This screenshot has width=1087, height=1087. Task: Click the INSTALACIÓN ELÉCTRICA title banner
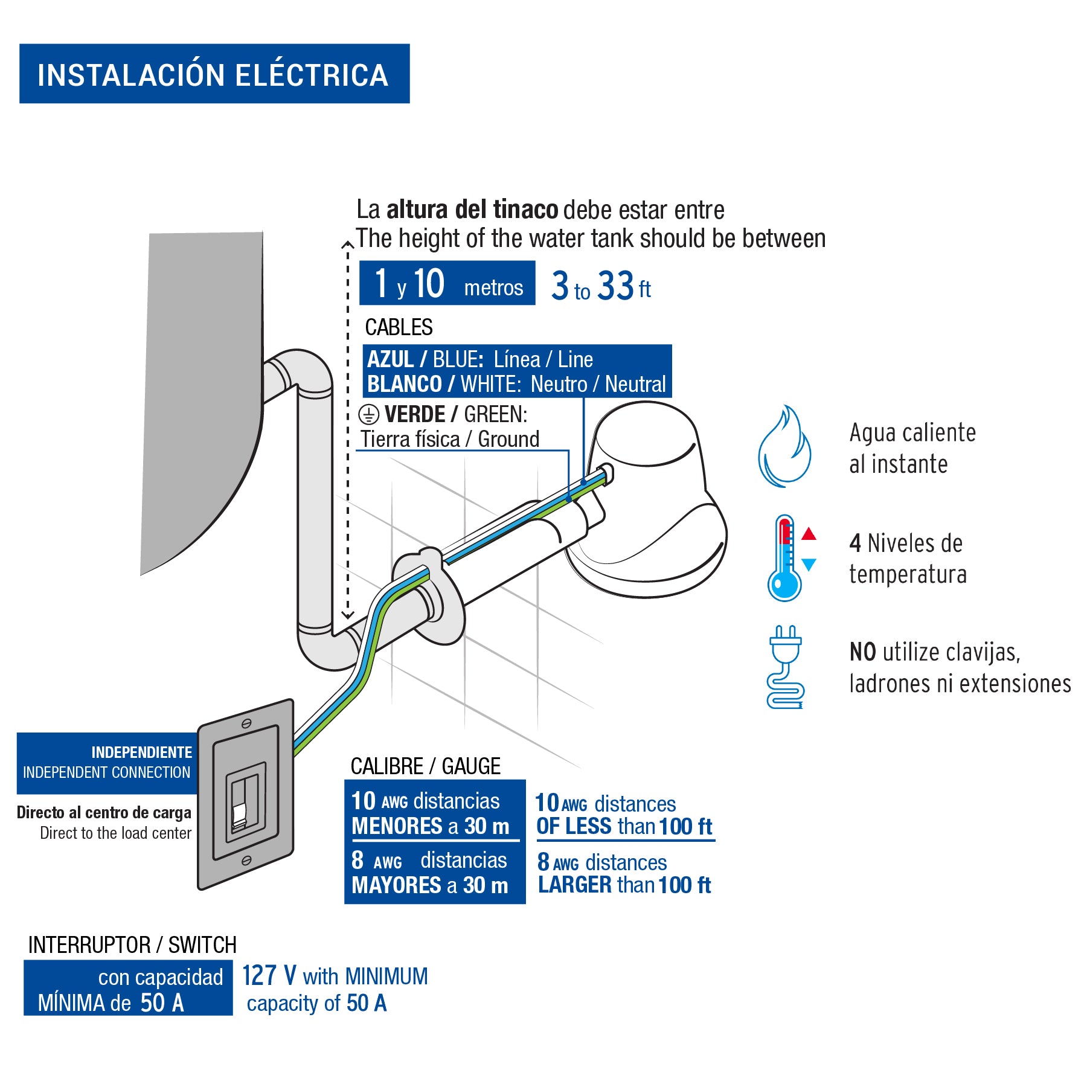(214, 74)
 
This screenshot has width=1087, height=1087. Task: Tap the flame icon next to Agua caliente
(784, 447)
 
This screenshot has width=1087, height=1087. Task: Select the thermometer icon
(784, 559)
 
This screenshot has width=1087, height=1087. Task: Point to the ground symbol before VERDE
(368, 415)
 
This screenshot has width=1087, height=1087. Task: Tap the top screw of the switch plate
(246, 723)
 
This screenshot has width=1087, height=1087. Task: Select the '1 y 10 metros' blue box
(447, 283)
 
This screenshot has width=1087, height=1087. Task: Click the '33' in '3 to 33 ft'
(615, 286)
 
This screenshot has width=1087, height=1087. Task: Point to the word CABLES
(399, 327)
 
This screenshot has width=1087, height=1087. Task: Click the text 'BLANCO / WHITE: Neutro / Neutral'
(516, 384)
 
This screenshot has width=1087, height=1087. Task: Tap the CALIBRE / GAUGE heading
(425, 766)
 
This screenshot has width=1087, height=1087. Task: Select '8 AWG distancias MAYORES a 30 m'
(431, 873)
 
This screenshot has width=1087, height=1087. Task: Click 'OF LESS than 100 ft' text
(624, 826)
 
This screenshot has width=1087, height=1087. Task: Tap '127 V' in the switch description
(269, 975)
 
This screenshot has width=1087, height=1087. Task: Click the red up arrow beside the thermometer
(809, 534)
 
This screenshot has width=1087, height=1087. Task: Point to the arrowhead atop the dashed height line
(347, 245)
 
